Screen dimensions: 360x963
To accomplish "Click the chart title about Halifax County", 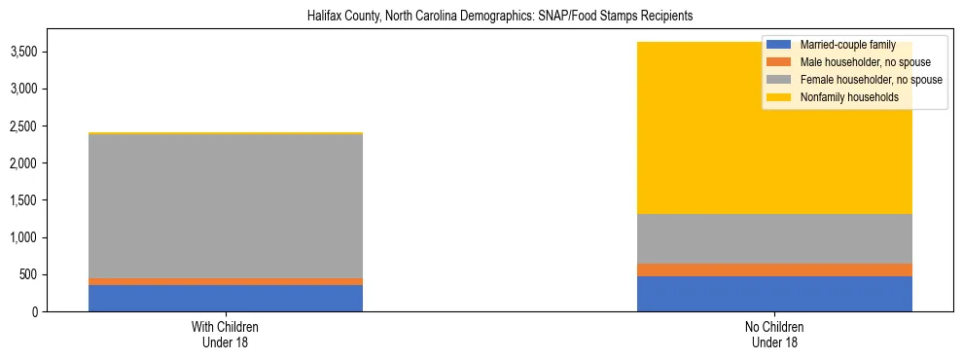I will click(x=481, y=17).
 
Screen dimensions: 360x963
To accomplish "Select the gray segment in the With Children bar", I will click(x=226, y=205).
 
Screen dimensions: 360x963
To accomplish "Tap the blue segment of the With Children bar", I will click(x=226, y=298).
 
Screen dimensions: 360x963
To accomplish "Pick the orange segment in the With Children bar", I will click(x=226, y=281).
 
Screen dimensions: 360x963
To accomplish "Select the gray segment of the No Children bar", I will click(x=774, y=238).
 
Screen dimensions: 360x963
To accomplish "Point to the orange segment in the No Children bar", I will click(x=774, y=270).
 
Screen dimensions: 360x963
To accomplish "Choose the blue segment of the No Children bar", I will click(x=774, y=294).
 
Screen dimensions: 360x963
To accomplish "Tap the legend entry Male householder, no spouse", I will click(x=855, y=62).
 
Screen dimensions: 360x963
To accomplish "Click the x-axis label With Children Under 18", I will click(x=226, y=334).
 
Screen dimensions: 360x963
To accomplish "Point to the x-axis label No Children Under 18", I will click(x=774, y=334).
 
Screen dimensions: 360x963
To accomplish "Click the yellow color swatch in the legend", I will click(x=778, y=97).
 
